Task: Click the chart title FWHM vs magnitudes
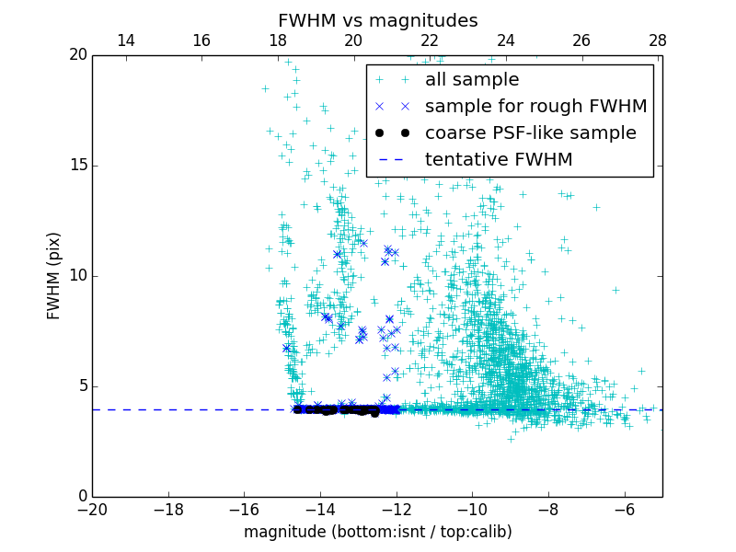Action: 377,20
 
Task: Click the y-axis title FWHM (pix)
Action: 54,276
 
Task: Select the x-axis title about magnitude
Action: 377,532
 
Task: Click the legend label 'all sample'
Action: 472,80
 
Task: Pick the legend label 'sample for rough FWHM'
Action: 535,107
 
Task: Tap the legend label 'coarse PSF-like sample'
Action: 530,133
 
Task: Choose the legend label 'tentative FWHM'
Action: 499,160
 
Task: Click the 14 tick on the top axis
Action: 126,40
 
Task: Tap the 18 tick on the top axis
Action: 278,40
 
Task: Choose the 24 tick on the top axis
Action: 505,40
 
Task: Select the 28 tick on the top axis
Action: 657,40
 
